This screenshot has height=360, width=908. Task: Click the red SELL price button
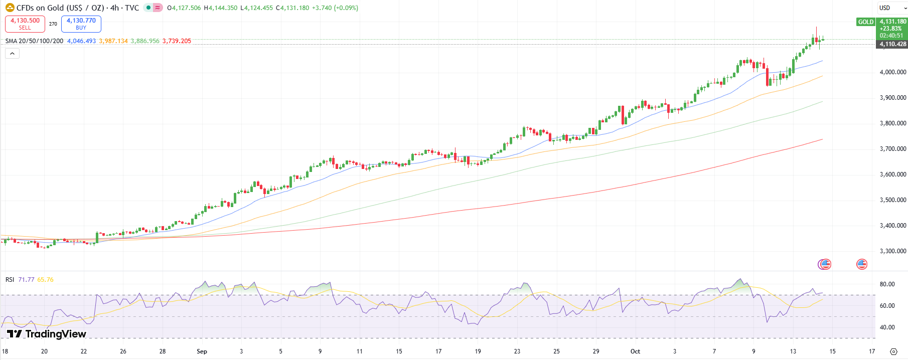click(25, 24)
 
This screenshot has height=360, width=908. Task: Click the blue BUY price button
click(81, 24)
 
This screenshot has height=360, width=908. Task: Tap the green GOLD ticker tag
click(865, 22)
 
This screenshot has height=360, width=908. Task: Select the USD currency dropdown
click(892, 8)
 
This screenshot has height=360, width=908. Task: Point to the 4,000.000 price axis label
click(892, 72)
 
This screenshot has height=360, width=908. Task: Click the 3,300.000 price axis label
click(892, 251)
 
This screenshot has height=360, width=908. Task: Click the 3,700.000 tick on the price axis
click(892, 149)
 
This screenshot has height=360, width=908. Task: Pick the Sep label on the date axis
click(202, 351)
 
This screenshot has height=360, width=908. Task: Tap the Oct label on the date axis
click(635, 351)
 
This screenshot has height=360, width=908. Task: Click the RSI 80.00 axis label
click(887, 284)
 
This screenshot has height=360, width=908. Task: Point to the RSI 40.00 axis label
click(887, 327)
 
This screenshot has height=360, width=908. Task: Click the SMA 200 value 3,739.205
click(177, 41)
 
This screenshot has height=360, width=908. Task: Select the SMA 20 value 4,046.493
click(81, 41)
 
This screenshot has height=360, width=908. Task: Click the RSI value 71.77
click(26, 280)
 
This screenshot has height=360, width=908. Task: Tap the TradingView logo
click(47, 334)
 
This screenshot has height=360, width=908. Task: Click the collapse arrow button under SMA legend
click(12, 54)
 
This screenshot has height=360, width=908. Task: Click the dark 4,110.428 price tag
click(892, 44)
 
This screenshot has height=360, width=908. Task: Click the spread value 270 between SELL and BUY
click(53, 24)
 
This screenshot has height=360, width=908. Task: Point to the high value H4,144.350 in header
click(221, 8)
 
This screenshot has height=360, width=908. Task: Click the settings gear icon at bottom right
click(893, 351)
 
